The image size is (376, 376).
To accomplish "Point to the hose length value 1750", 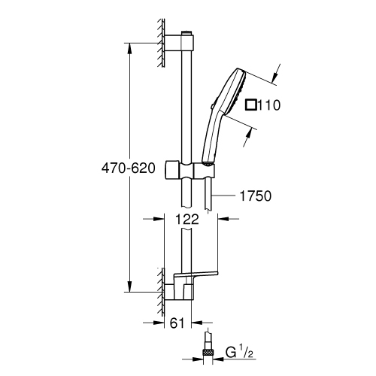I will click(x=254, y=196).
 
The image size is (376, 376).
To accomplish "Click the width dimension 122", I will click(x=191, y=220).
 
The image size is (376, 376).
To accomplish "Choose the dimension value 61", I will click(x=176, y=323).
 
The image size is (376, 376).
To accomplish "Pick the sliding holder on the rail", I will click(x=193, y=168).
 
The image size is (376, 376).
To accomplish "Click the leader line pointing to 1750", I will click(x=226, y=196).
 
